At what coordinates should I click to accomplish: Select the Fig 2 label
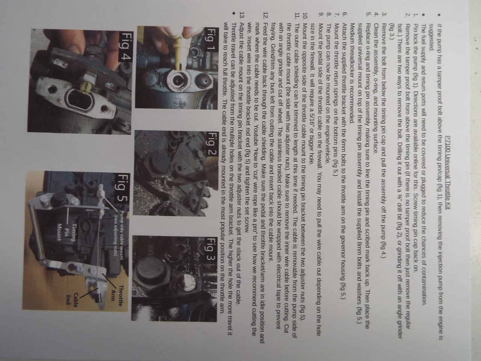tap(210, 144)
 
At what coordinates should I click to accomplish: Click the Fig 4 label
tap(126, 47)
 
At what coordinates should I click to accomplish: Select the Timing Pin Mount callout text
tap(67, 232)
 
